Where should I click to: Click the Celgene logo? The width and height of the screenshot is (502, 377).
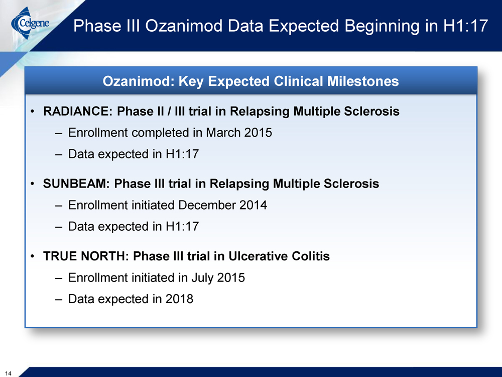tap(30, 23)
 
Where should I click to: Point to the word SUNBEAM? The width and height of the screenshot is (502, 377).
tap(76, 183)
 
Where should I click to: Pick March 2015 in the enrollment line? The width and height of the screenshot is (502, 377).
tap(239, 132)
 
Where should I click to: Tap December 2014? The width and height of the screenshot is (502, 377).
tap(222, 205)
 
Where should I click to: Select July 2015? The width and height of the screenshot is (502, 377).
tap(218, 277)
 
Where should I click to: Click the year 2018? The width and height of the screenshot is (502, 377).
tap(179, 299)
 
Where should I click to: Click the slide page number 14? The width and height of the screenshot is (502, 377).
tap(8, 373)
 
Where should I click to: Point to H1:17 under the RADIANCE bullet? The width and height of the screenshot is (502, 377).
tap(182, 154)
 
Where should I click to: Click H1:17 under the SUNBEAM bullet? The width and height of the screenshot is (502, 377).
tap(182, 226)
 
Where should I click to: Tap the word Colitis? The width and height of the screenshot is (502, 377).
tap(311, 256)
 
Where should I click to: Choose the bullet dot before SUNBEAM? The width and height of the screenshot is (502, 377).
tap(32, 184)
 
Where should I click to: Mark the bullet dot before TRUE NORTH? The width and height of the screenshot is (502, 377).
tap(32, 256)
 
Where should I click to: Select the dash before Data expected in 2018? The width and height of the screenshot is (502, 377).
tap(58, 299)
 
